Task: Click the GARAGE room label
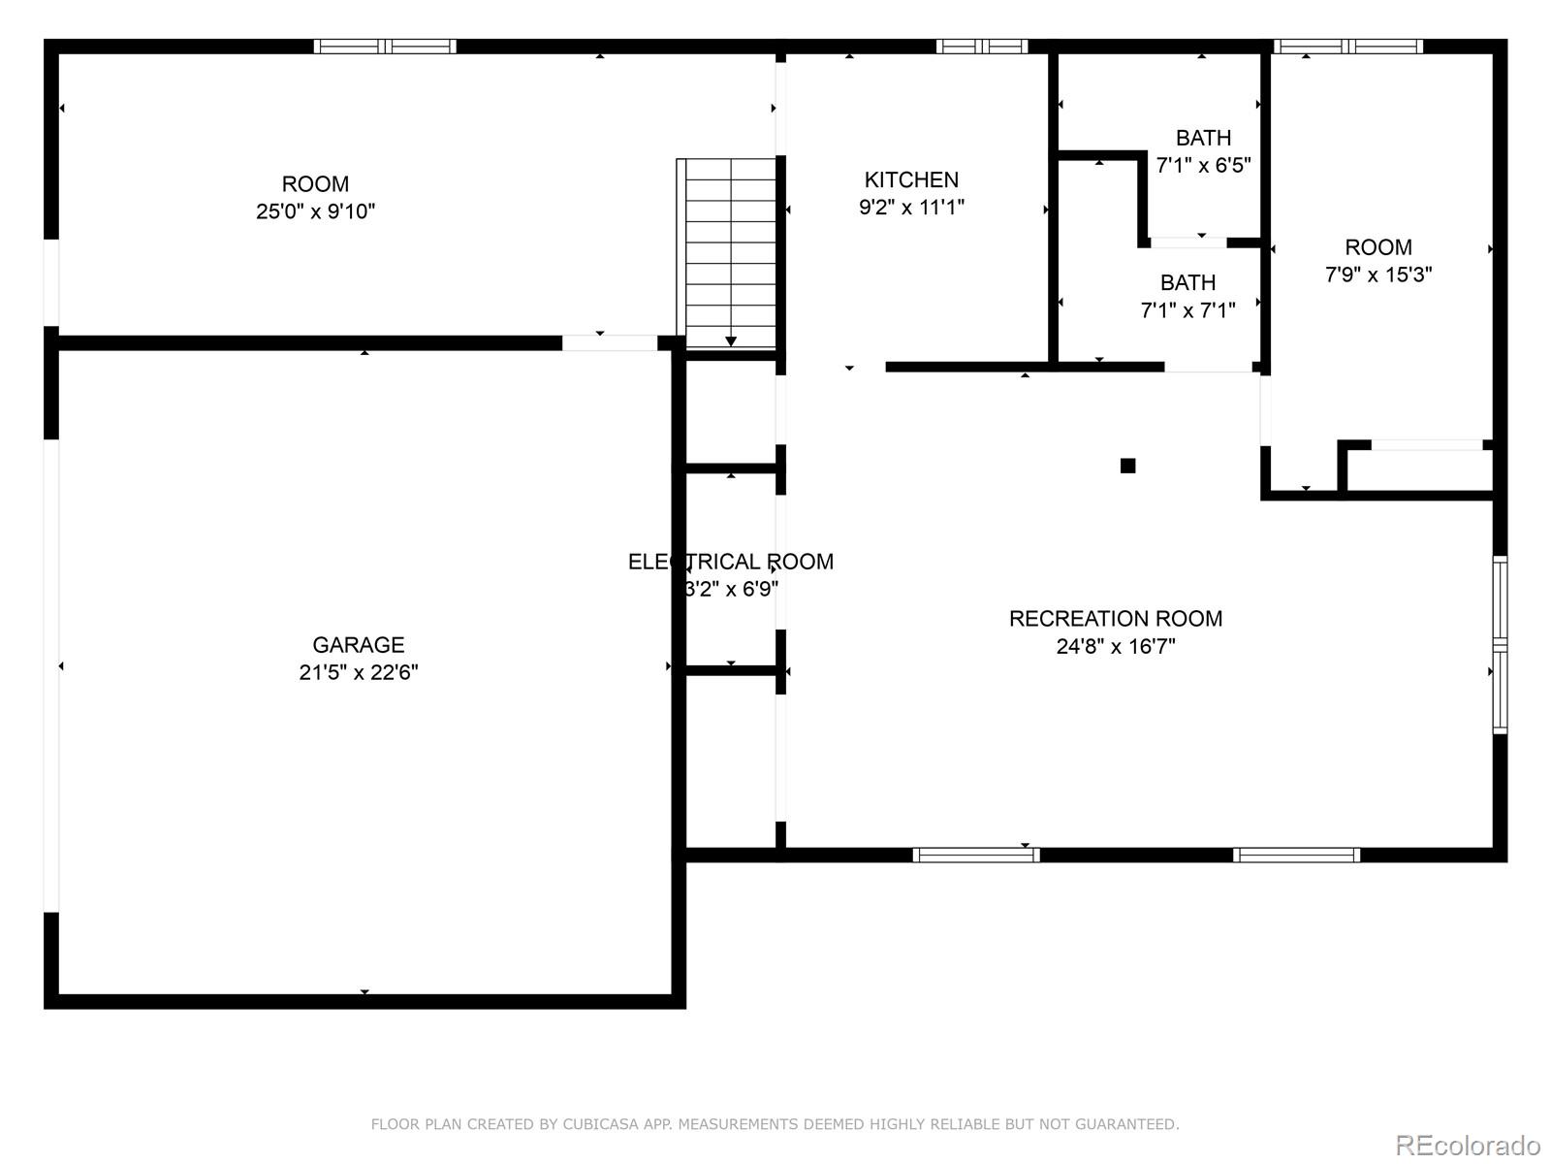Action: pyautogui.click(x=358, y=645)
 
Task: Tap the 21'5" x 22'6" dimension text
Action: pyautogui.click(x=358, y=672)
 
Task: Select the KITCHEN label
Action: pyautogui.click(x=911, y=179)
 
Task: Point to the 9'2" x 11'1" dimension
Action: pyautogui.click(x=911, y=207)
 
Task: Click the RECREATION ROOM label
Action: pyautogui.click(x=1115, y=619)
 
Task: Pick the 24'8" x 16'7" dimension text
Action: pyautogui.click(x=1115, y=646)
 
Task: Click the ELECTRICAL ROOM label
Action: pyautogui.click(x=730, y=562)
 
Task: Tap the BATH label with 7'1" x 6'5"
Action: pyautogui.click(x=1203, y=138)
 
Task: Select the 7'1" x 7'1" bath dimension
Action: pyautogui.click(x=1187, y=310)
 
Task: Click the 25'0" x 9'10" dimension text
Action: pyautogui.click(x=315, y=211)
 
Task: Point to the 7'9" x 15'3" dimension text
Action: pyautogui.click(x=1377, y=275)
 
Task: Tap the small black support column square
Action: pyautogui.click(x=1127, y=466)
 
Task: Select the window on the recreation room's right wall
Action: pyautogui.click(x=1500, y=645)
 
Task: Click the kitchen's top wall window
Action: pyautogui.click(x=981, y=46)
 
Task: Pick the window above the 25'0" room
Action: pyautogui.click(x=385, y=46)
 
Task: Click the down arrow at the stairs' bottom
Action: pyautogui.click(x=731, y=340)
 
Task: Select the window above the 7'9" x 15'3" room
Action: pyautogui.click(x=1347, y=46)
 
